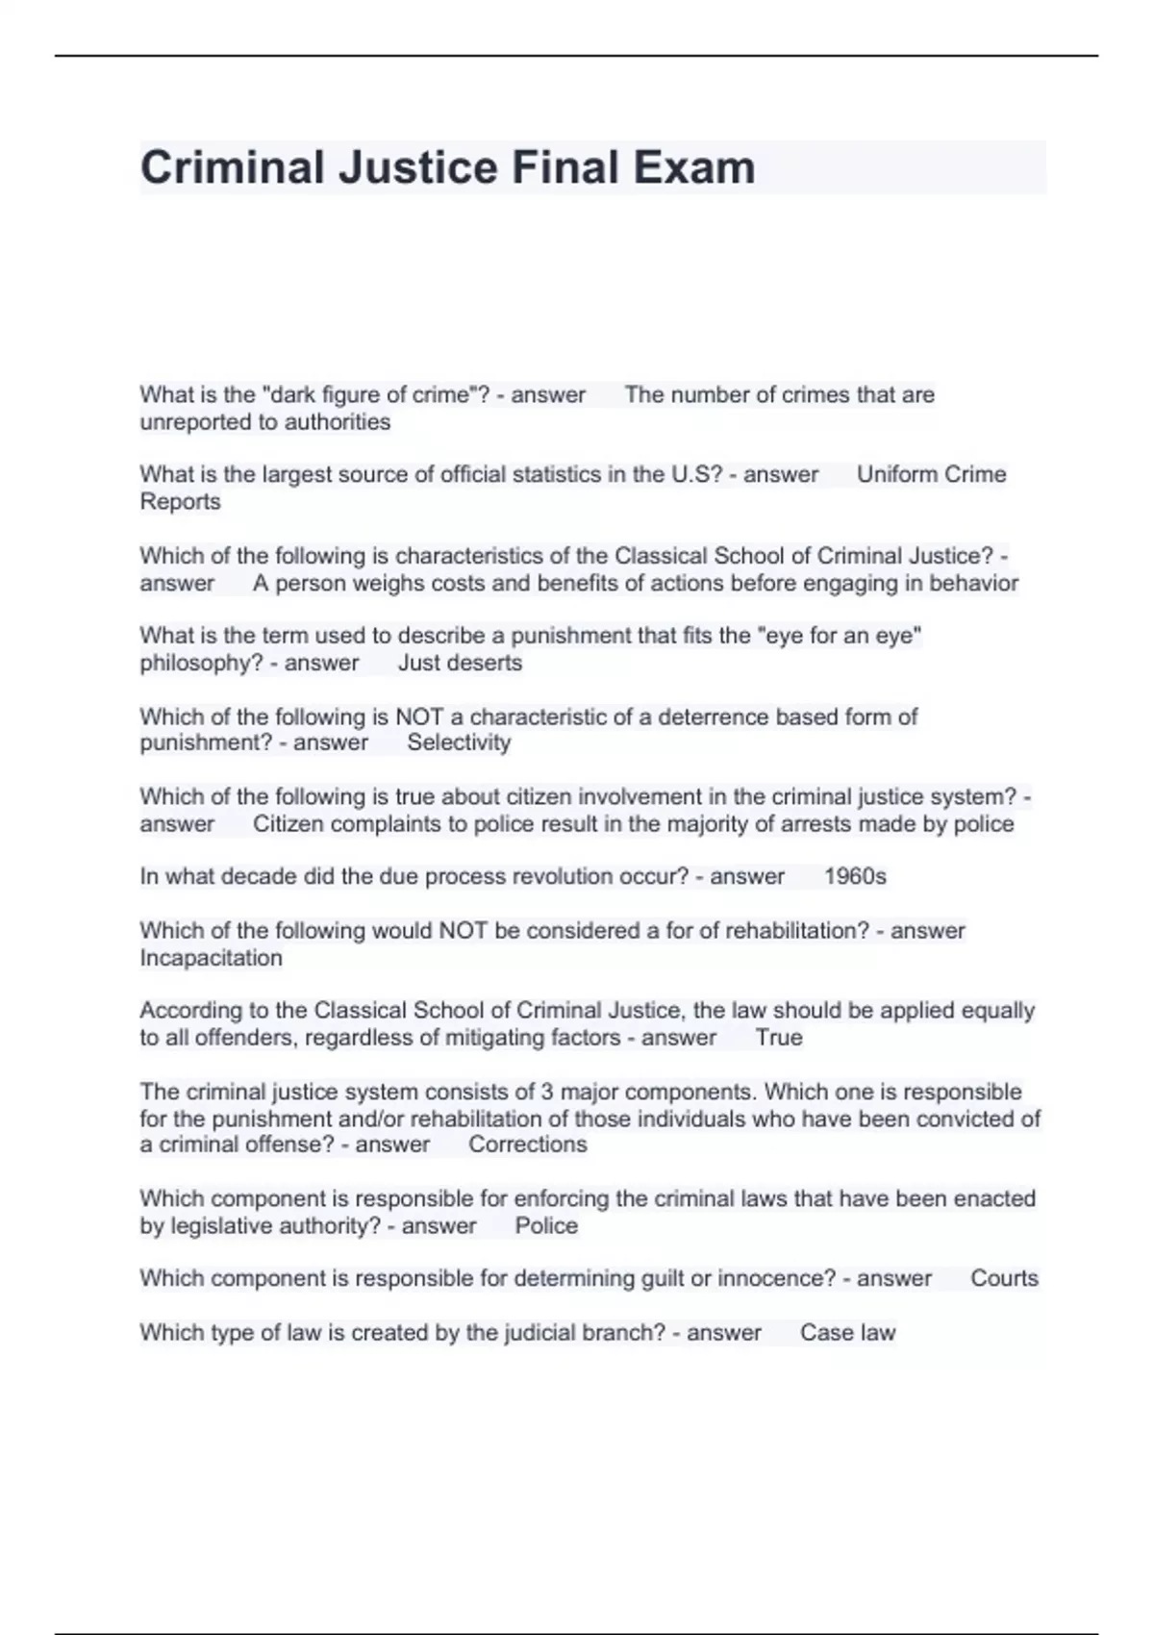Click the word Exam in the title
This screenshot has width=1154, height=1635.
(x=693, y=167)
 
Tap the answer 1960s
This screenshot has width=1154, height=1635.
(x=855, y=876)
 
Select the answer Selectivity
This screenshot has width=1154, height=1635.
(x=459, y=742)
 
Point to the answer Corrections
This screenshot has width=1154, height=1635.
(x=527, y=1144)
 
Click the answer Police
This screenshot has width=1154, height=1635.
(x=546, y=1225)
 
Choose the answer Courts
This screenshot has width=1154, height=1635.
(x=1004, y=1278)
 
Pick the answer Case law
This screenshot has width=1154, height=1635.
(x=847, y=1332)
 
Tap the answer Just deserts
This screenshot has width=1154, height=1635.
(x=460, y=663)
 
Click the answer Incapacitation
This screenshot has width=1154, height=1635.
(x=211, y=958)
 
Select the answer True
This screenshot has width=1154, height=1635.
(x=779, y=1038)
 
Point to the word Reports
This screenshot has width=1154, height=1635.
(x=180, y=502)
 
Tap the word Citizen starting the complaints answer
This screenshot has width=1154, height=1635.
(x=288, y=824)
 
